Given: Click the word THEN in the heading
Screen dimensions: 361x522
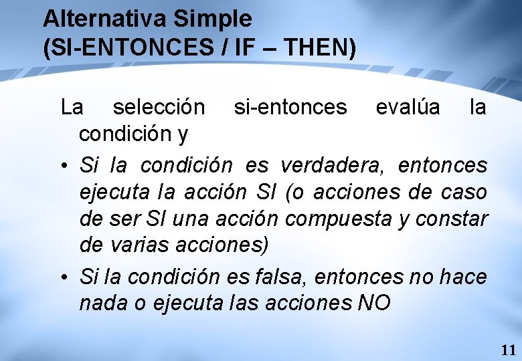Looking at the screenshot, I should (320, 48).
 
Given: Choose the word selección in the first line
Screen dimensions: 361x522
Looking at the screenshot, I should (159, 107).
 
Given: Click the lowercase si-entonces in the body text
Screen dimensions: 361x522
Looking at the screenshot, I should (290, 107).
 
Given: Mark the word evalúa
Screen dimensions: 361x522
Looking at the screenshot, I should (408, 107).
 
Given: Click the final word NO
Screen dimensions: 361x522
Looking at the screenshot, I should (374, 303).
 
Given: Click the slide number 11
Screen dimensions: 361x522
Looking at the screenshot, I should (508, 350).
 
